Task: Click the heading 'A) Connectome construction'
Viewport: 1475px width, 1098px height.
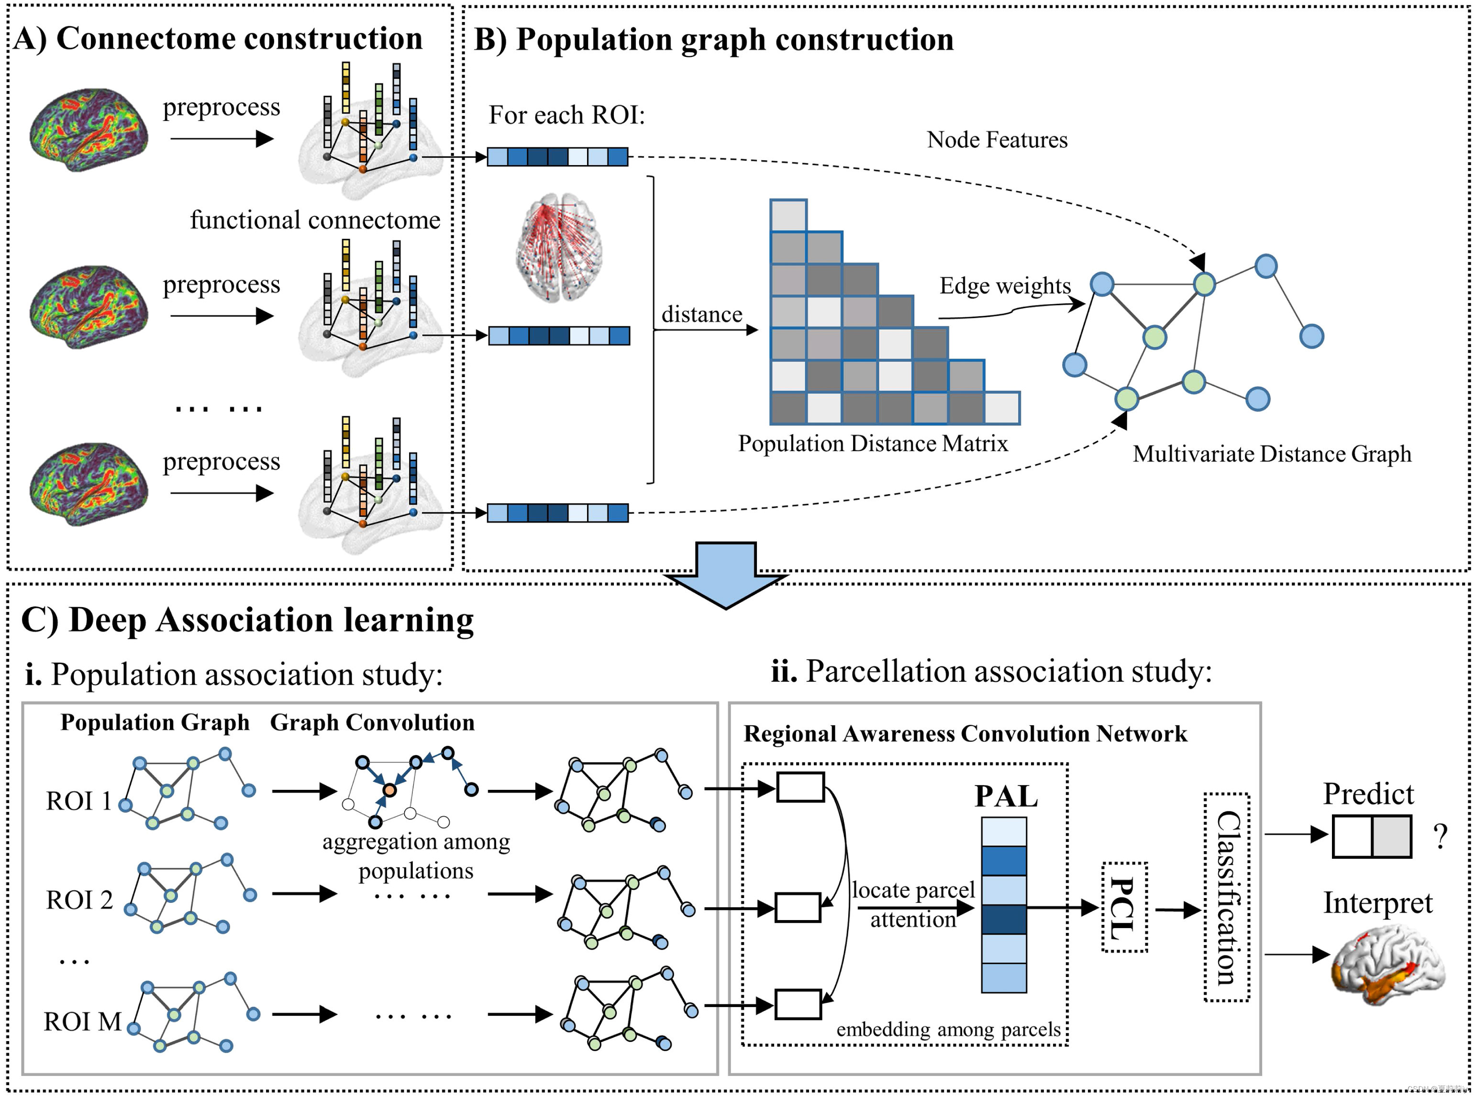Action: [217, 39]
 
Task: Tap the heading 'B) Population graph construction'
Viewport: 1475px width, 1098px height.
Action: [713, 40]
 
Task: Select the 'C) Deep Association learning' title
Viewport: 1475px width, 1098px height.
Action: [247, 620]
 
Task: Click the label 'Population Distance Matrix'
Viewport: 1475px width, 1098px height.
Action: [872, 444]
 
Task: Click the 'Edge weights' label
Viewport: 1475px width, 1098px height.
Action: [1004, 286]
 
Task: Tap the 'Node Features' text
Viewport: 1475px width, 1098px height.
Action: [997, 140]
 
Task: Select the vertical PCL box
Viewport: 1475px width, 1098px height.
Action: [1124, 907]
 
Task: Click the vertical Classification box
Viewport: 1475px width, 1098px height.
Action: [1226, 897]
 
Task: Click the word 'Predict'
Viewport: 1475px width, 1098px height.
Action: [1367, 794]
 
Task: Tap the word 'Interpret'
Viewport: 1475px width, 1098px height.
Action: [1377, 903]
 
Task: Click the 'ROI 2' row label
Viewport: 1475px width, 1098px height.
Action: [79, 900]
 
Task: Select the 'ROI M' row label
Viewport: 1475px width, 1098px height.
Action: [82, 1021]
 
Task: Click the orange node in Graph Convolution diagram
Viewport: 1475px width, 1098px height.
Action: [389, 790]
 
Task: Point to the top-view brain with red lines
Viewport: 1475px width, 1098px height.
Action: [559, 247]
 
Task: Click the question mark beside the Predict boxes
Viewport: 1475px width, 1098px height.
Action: [1440, 836]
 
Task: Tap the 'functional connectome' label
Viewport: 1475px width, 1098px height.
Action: [315, 220]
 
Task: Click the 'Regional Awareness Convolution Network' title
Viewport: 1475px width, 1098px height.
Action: [965, 734]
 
